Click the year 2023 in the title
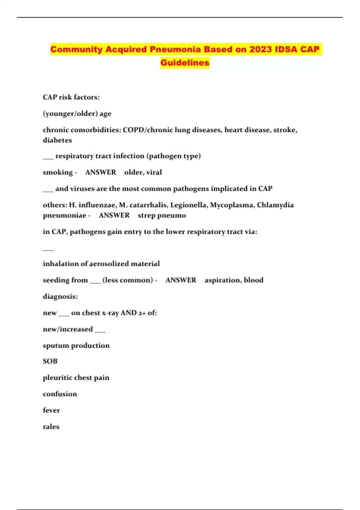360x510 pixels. pos(261,49)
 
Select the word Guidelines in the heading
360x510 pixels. pos(185,63)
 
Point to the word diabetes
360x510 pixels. pos(57,140)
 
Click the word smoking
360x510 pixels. pos(58,172)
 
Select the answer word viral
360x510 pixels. pos(154,172)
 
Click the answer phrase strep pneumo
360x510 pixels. pos(162,215)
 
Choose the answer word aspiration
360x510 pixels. pos(222,280)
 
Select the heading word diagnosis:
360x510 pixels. pos(60,296)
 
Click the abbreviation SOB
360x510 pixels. pos(50,361)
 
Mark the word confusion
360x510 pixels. pos(60,394)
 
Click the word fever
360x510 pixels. pos(51,410)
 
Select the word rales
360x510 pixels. pos(51,427)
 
